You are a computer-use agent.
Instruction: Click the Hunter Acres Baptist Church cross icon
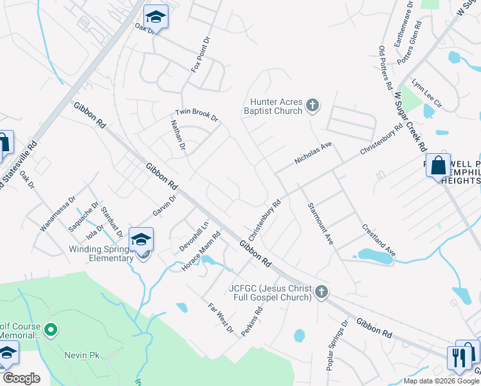click(x=313, y=105)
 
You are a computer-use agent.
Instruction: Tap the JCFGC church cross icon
click(x=322, y=293)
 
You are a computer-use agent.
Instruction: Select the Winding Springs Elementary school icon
click(x=141, y=240)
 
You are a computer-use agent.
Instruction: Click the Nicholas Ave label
click(x=313, y=154)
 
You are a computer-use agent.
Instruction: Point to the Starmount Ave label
click(x=320, y=223)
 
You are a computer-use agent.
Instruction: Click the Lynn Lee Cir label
click(x=427, y=94)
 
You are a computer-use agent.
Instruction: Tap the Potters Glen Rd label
click(x=409, y=42)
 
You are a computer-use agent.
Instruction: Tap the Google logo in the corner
click(x=21, y=378)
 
